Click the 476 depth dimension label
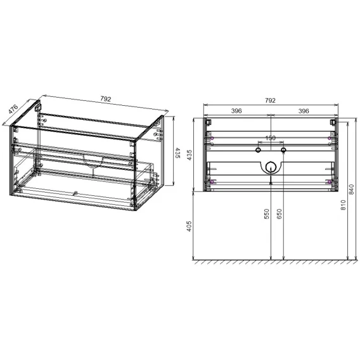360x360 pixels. click(x=13, y=109)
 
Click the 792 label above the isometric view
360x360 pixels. click(x=106, y=99)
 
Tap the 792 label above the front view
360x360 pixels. click(x=270, y=101)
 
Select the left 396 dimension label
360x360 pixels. click(x=236, y=111)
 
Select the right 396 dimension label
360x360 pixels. click(x=304, y=111)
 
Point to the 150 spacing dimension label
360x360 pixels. click(x=271, y=138)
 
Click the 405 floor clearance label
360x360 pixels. click(x=189, y=226)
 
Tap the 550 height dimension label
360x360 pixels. click(x=266, y=214)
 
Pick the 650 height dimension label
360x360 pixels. click(x=279, y=214)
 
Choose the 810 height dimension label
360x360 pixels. click(x=343, y=205)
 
